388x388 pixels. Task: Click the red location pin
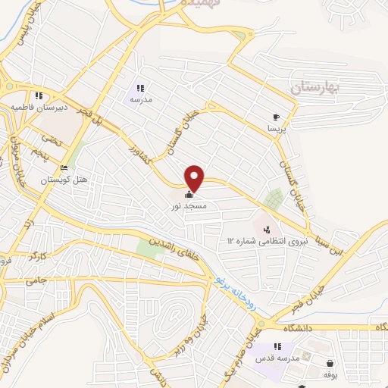196,177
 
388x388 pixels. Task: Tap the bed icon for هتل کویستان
64,167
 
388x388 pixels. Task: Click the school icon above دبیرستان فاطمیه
38,96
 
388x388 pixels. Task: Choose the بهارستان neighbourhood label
316,89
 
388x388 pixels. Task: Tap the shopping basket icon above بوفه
330,364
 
